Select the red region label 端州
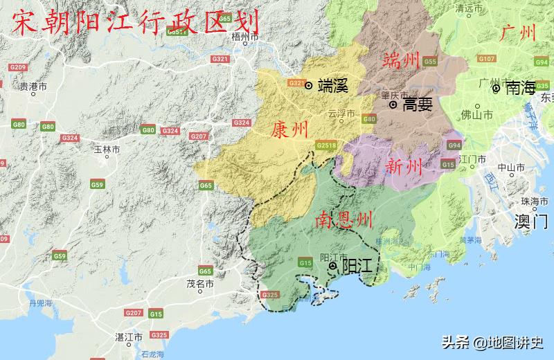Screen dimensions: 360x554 [x=402, y=61]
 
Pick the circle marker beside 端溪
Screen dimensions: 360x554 [x=309, y=86]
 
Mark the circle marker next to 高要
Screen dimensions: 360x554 [x=393, y=105]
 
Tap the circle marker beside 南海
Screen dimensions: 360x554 [x=496, y=88]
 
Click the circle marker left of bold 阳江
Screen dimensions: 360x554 [x=333, y=266]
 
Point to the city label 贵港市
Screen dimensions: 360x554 [x=33, y=87]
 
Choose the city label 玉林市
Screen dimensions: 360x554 [x=107, y=149]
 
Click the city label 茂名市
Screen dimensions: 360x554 [x=200, y=284]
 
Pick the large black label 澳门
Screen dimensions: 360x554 [x=531, y=222]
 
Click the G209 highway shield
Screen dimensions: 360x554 [x=17, y=66]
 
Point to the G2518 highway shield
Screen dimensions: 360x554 [x=325, y=146]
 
